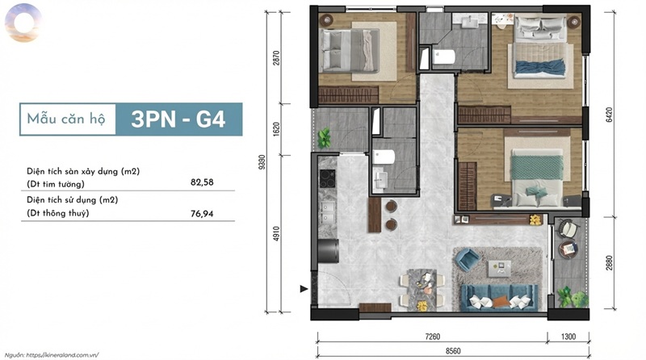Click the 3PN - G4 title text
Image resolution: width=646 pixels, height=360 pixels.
coord(178,119)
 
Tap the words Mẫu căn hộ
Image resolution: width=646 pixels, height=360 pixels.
coord(66,119)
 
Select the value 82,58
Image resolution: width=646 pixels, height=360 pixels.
coord(202,182)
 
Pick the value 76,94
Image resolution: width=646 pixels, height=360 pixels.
coord(202,213)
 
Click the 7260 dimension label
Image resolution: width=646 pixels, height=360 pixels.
coord(433,337)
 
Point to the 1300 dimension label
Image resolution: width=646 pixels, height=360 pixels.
coord(568,337)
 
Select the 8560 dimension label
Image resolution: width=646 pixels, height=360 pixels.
coord(453,351)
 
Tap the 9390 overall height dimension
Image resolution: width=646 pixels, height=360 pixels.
coord(262,162)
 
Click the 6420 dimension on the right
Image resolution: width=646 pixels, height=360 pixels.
coord(610,115)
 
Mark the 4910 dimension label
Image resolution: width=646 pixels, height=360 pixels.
coord(276,233)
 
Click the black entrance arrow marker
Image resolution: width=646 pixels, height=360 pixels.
coord(304,289)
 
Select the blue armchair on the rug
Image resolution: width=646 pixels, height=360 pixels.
coord(468,258)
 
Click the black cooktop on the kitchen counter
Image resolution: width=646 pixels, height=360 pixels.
coord(328,178)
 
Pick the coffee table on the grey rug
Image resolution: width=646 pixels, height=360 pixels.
coord(499,269)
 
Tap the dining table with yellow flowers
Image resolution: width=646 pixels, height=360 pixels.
coord(422,290)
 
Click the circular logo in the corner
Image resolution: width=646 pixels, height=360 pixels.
coord(23,23)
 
